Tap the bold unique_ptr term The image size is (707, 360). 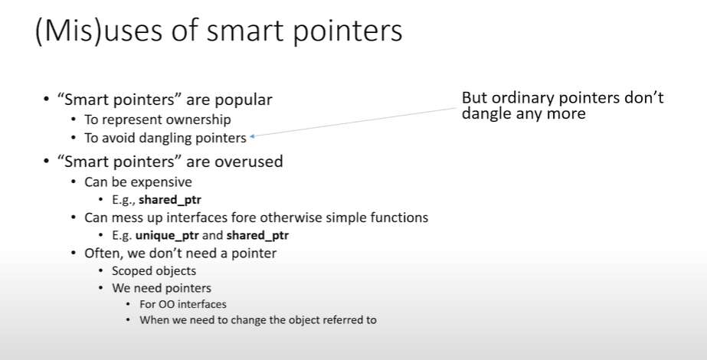[167, 235]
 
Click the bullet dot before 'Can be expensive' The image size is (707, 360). [74, 182]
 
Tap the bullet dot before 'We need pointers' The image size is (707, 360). [101, 288]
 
